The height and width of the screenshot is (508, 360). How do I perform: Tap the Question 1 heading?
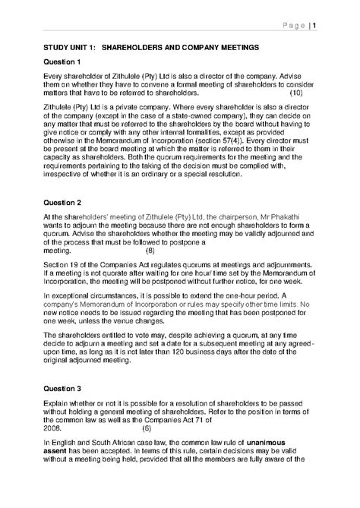[62, 62]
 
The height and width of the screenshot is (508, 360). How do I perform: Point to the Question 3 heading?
[62, 387]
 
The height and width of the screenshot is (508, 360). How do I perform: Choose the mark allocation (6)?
[150, 427]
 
